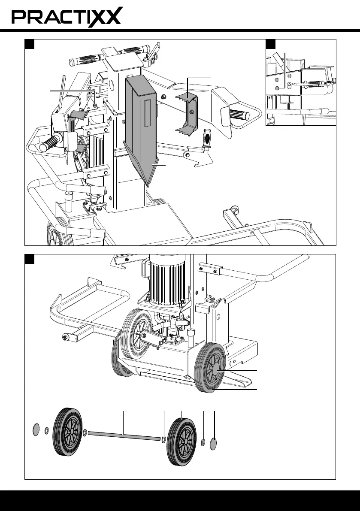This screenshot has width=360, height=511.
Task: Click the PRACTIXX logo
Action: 67,17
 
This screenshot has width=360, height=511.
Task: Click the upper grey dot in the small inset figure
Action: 277,80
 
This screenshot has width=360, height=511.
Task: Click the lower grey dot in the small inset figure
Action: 277,88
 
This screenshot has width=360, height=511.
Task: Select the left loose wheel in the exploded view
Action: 68,432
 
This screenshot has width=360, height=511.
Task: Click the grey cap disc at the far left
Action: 36,429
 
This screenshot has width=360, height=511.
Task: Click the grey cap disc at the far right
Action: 213,444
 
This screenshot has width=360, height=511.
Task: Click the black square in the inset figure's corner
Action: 270,44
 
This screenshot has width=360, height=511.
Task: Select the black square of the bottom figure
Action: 30,259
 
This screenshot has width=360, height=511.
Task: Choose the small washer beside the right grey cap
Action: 203,443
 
